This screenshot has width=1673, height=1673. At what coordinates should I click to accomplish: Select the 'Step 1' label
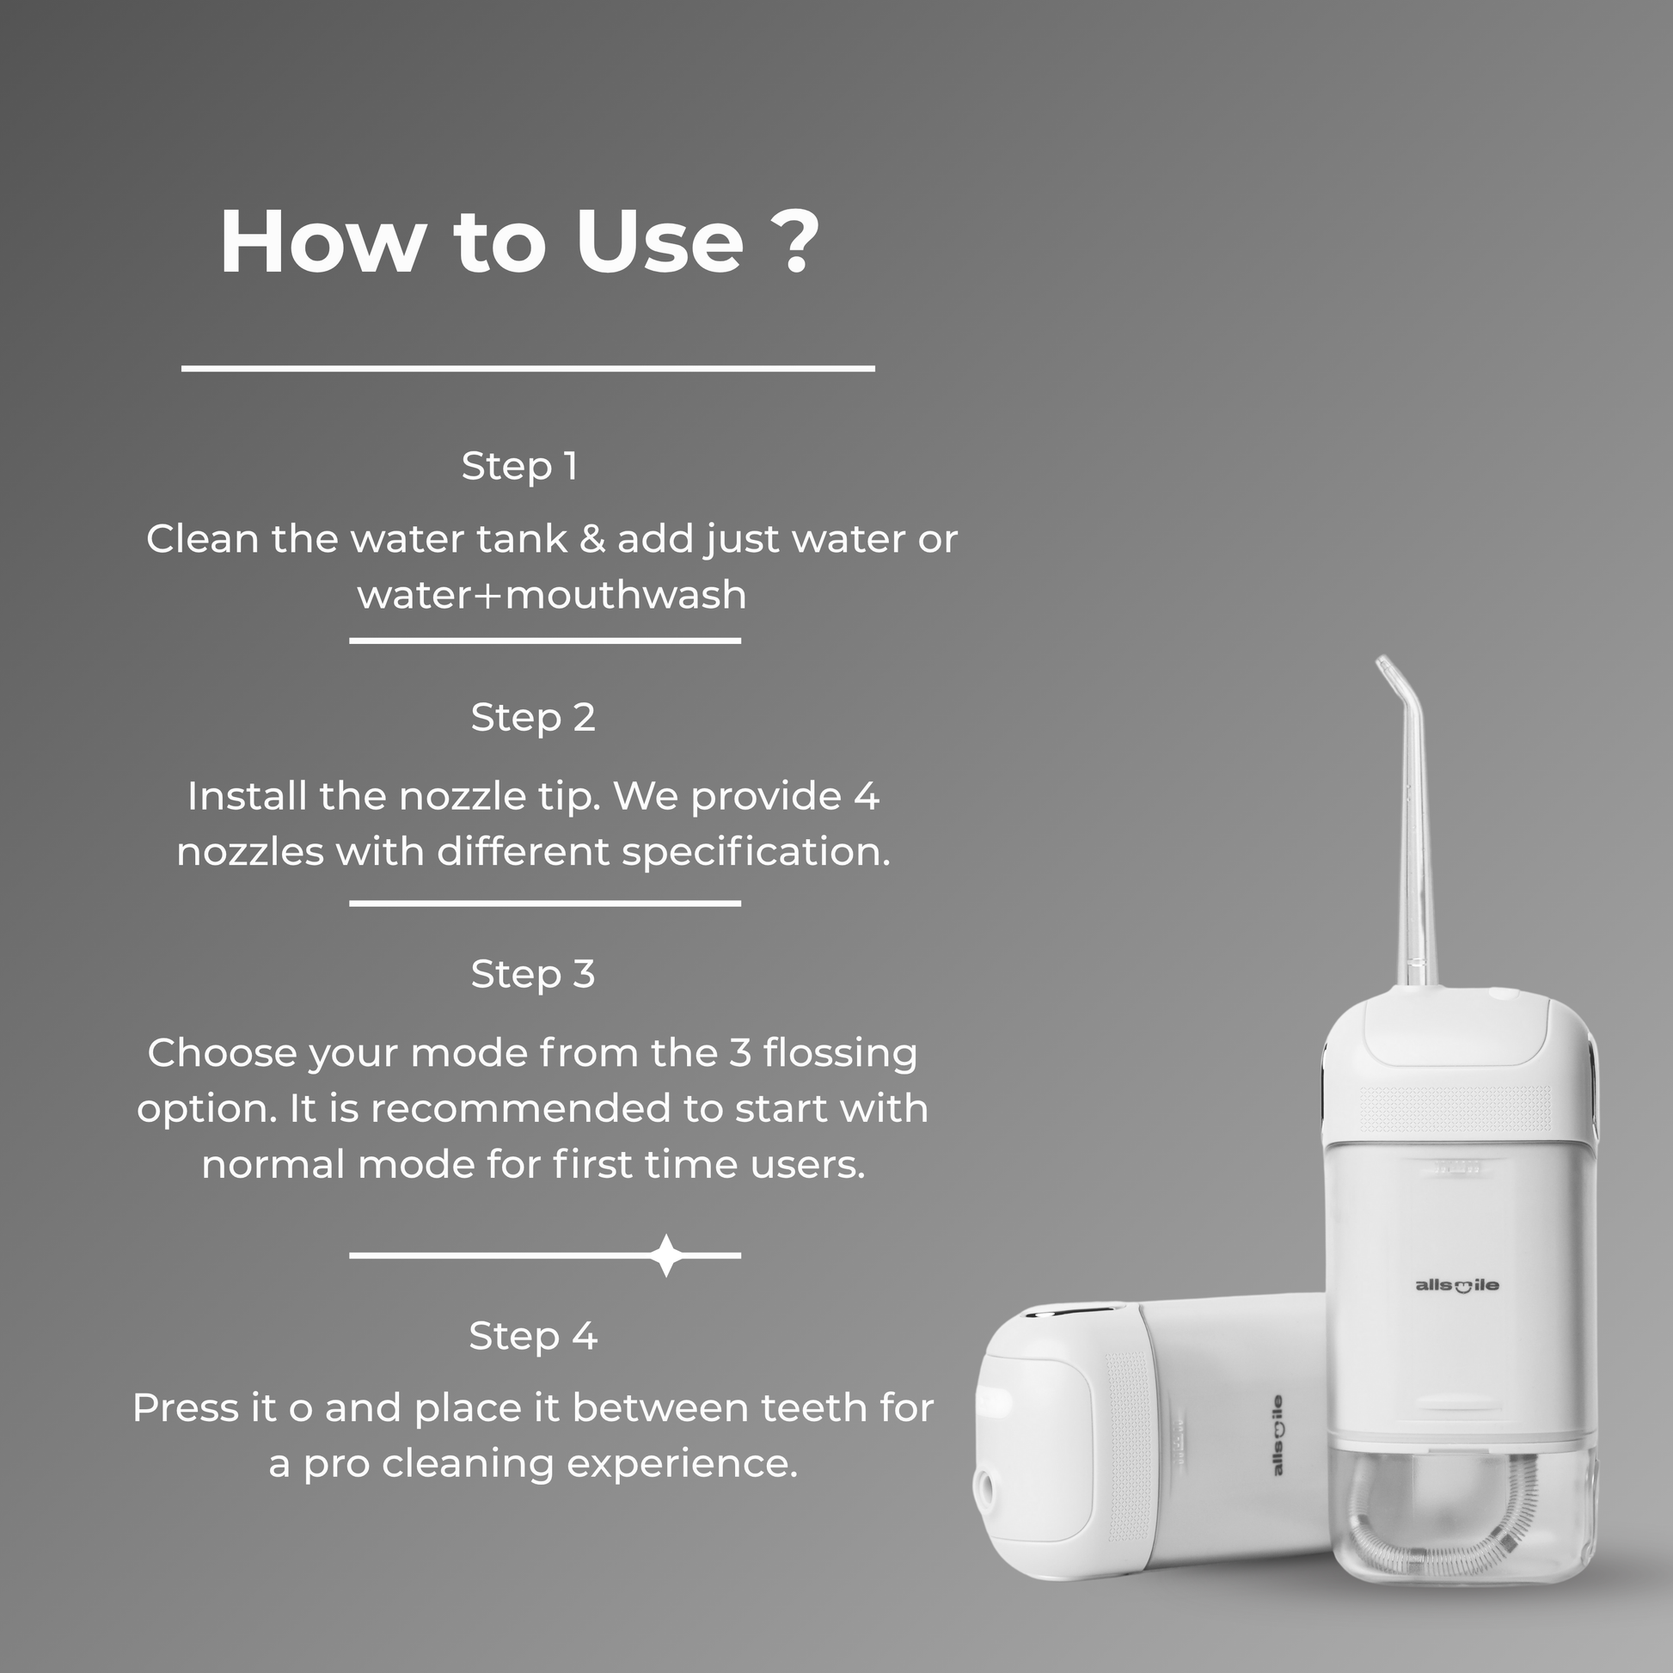pyautogui.click(x=519, y=467)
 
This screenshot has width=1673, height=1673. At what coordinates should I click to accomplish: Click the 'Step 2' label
pyautogui.click(x=533, y=718)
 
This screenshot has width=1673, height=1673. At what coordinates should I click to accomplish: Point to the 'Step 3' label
pyautogui.click(x=533, y=975)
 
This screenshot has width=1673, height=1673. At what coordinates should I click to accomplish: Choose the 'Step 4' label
pyautogui.click(x=533, y=1336)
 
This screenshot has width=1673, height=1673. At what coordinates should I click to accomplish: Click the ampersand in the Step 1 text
pyautogui.click(x=592, y=539)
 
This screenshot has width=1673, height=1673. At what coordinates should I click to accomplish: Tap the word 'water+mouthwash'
pyautogui.click(x=552, y=595)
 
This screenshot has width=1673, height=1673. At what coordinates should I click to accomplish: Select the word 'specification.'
pyautogui.click(x=756, y=853)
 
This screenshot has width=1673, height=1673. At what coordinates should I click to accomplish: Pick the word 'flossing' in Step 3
pyautogui.click(x=840, y=1054)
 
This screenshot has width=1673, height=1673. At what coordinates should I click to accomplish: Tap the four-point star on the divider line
pyautogui.click(x=666, y=1255)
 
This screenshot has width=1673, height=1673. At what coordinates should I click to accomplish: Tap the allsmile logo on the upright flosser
pyautogui.click(x=1456, y=1286)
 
